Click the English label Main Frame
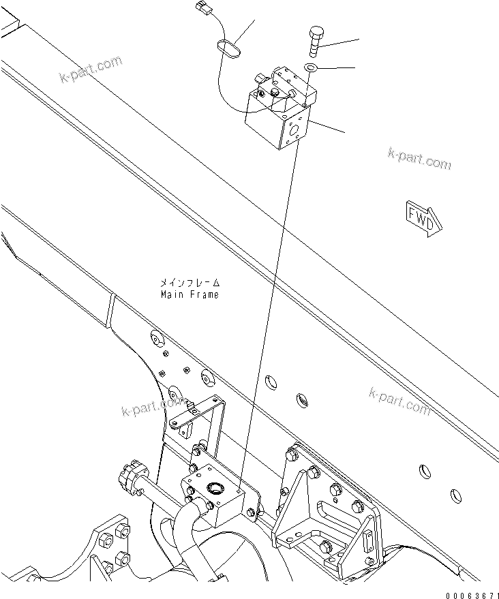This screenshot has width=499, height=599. pos(190,295)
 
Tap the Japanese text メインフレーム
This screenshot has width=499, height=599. pos(190,282)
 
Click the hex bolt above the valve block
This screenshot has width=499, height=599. pos(316,41)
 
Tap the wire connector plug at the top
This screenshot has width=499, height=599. pos(202,10)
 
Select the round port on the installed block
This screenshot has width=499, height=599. pos(215,487)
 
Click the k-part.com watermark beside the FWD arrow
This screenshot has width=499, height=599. pos(419,159)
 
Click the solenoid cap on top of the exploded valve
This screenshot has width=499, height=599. pos(276,92)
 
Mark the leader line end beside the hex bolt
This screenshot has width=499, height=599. pos(358,40)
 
